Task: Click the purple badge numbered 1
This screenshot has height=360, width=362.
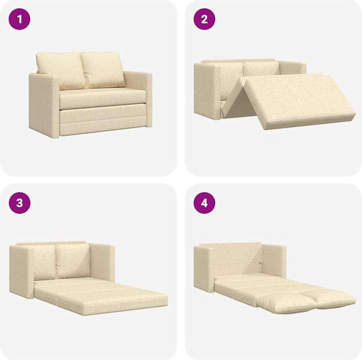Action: (20, 20)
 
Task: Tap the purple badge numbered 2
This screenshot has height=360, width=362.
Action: (205, 20)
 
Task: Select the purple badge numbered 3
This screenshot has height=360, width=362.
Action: (20, 203)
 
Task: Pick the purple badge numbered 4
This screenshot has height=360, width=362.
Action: (205, 203)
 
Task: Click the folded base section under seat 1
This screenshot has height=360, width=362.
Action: (101, 121)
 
